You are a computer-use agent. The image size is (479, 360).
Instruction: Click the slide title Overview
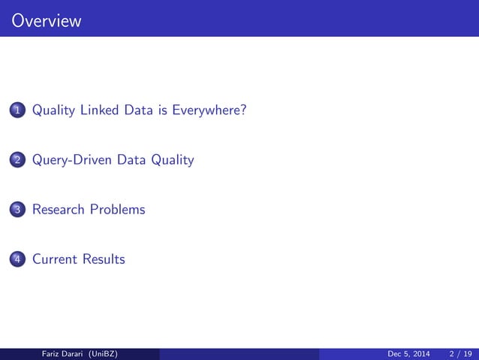pyautogui.click(x=47, y=21)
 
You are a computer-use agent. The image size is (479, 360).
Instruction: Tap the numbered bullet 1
pyautogui.click(x=17, y=111)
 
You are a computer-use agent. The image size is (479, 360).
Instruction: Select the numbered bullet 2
pyautogui.click(x=17, y=160)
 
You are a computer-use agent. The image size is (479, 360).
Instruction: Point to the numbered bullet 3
pyautogui.click(x=17, y=210)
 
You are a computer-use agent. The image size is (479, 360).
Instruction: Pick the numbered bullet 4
pyautogui.click(x=17, y=259)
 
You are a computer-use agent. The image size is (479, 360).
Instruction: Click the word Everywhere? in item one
pyautogui.click(x=209, y=111)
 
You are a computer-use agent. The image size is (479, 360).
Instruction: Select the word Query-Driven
pyautogui.click(x=72, y=160)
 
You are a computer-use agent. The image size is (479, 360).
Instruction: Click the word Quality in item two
pyautogui.click(x=172, y=160)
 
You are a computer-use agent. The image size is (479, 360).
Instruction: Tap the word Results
pyautogui.click(x=104, y=259)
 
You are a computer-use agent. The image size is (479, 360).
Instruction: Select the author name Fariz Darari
pyautogui.click(x=62, y=354)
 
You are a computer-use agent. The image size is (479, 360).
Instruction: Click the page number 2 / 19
pyautogui.click(x=459, y=354)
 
